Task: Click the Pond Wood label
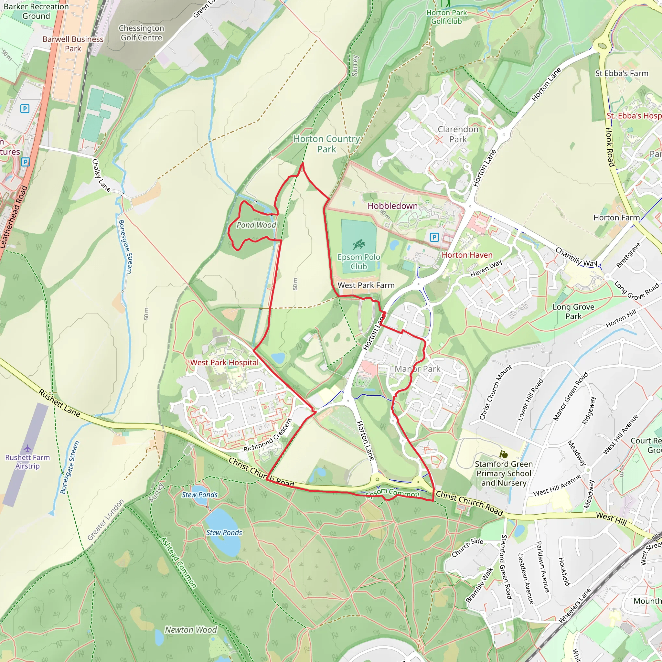[256, 225]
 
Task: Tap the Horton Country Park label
[326, 144]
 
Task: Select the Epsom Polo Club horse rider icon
[359, 245]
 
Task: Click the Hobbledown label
[392, 206]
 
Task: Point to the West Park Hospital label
[224, 363]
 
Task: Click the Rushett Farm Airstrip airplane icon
[27, 449]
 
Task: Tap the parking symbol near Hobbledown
[434, 237]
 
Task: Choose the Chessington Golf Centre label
[141, 33]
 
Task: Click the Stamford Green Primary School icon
[503, 454]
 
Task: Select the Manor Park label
[417, 369]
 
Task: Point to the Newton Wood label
[191, 630]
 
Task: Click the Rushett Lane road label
[59, 403]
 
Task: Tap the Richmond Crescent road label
[268, 435]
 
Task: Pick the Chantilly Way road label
[576, 257]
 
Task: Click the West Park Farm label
[366, 285]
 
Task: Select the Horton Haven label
[467, 255]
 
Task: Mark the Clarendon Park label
[458, 134]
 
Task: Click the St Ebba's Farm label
[622, 73]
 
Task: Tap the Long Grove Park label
[573, 312]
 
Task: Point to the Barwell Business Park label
[73, 44]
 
